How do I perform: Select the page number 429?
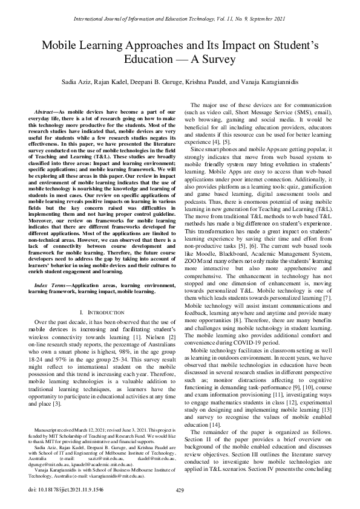coord(179,490)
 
